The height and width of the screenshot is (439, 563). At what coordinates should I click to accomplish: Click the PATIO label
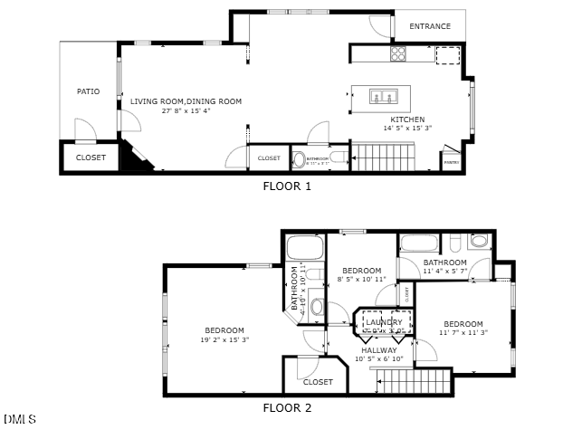coord(88,91)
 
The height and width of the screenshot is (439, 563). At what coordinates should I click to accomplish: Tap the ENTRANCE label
coord(430,26)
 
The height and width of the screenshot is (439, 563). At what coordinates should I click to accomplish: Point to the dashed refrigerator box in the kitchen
coord(448,55)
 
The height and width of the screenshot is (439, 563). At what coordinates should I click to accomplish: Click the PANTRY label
coord(451,163)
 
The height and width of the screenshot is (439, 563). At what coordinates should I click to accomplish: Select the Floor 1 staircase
coord(383,157)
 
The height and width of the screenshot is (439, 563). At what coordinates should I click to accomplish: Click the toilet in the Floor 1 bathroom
coord(300,160)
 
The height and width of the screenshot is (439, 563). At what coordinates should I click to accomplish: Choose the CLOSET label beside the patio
coord(91,157)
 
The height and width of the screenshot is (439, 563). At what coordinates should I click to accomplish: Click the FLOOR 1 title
coord(287,186)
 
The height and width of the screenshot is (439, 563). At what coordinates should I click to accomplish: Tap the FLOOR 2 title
coord(287,408)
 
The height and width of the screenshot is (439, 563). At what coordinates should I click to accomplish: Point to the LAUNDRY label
coord(385,322)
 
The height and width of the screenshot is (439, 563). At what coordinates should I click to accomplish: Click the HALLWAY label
coord(379,349)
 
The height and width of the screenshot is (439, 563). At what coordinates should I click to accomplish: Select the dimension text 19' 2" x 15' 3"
coord(224,340)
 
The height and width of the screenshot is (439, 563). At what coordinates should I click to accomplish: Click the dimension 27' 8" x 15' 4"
coord(186,111)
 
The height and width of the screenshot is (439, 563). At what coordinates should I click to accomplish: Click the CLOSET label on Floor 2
coord(318,382)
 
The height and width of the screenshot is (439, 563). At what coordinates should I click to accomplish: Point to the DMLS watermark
coord(20,420)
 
